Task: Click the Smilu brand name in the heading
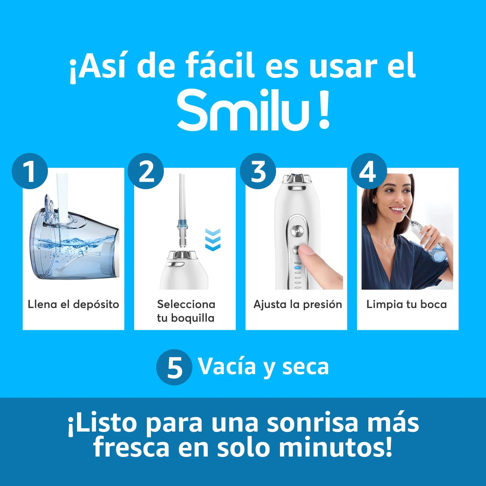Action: [243, 110]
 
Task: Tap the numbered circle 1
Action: [30, 171]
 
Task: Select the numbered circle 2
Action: [146, 171]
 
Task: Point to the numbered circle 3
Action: [258, 171]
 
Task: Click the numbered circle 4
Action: [369, 171]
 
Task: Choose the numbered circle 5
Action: [174, 367]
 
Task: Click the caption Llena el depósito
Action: [74, 305]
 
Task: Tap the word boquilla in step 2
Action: [193, 318]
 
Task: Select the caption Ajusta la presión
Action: [298, 305]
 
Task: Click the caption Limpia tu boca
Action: [407, 305]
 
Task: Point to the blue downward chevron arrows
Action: [213, 239]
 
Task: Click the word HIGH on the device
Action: [298, 263]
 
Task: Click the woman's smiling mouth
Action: [397, 209]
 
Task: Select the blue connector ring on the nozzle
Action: [182, 224]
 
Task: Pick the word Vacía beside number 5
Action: [227, 367]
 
